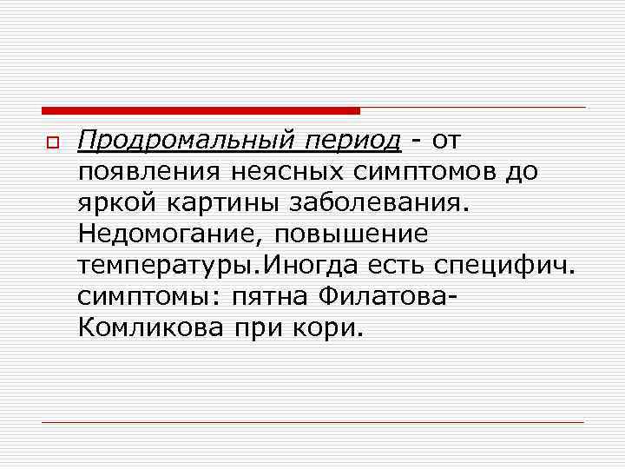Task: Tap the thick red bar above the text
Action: (201, 110)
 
